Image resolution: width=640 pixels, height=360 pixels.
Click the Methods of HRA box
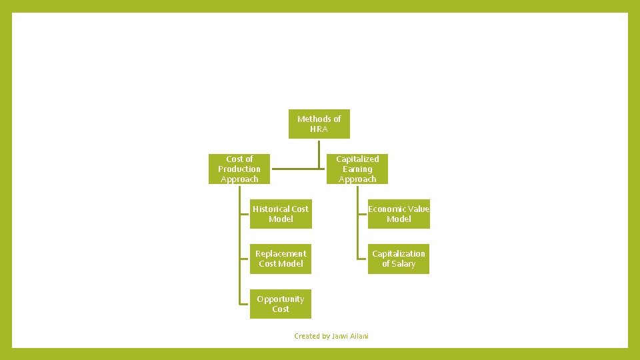(319, 124)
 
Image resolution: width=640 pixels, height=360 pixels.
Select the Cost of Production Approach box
(239, 169)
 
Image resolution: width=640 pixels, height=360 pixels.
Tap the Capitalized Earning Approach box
(357, 169)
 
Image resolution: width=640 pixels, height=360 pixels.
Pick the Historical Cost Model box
(281, 214)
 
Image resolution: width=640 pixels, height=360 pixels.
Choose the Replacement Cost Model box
(281, 259)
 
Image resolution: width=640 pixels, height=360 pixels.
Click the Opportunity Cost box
(281, 304)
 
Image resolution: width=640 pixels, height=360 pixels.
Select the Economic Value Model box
(399, 214)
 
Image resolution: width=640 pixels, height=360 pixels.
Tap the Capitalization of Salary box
(399, 259)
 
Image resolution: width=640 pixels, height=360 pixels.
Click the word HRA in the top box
(319, 129)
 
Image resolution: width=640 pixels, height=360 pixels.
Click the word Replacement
(281, 254)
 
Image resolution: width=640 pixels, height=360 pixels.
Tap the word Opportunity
(281, 299)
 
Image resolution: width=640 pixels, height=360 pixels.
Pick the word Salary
(403, 264)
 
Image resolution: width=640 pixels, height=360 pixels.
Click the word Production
(239, 169)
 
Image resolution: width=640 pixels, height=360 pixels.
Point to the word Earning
(357, 169)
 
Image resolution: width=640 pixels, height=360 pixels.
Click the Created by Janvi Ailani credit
(331, 336)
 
